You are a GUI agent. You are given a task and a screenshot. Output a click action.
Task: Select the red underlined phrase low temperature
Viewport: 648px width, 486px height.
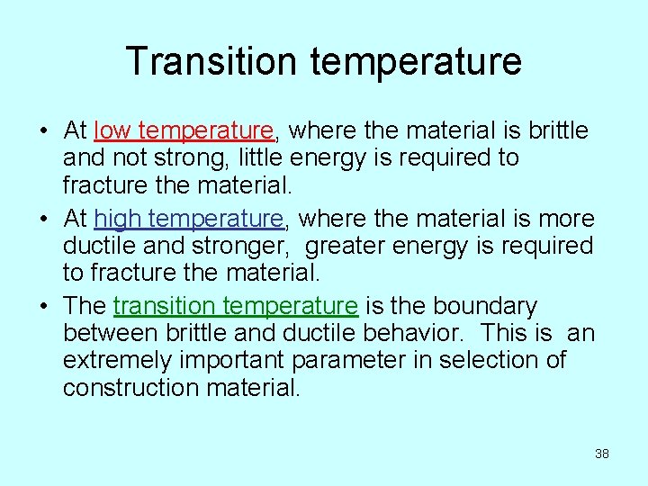pos(184,131)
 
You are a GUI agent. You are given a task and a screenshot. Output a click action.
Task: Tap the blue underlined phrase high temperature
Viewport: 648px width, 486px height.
pos(189,219)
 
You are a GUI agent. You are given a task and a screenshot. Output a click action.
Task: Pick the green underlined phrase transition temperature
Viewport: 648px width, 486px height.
pos(236,307)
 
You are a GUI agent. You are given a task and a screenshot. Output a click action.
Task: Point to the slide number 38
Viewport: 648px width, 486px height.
pos(602,454)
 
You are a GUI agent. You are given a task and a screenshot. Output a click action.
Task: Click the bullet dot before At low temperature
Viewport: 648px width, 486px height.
pos(43,132)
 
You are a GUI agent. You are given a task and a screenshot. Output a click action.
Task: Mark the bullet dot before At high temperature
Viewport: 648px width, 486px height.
pos(43,220)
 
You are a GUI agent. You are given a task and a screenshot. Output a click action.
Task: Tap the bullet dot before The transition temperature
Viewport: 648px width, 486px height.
pos(43,308)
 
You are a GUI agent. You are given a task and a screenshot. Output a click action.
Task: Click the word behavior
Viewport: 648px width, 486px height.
pos(414,333)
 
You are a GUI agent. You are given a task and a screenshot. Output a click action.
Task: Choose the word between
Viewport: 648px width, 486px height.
pos(111,333)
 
